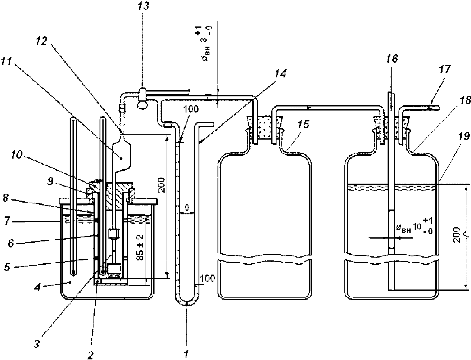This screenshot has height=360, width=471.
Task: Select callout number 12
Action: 41,41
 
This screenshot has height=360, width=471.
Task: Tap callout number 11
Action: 6,61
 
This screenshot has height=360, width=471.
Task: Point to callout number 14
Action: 280,74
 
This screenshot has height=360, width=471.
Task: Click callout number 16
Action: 392,58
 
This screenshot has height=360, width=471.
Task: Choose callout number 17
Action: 445,69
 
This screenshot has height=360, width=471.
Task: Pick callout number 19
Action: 464,136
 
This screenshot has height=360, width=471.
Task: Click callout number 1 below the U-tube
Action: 186,354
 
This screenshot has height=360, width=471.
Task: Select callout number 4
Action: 38,287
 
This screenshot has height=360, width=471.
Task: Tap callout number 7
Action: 7,221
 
